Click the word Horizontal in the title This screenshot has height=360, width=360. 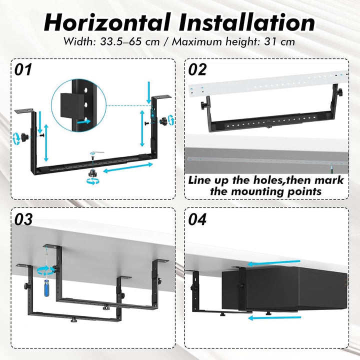[x=107, y=22]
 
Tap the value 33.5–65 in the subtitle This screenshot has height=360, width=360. [x=129, y=42]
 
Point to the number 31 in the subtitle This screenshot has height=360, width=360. [x=270, y=42]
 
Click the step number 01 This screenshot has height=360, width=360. [x=23, y=69]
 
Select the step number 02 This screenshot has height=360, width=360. [x=197, y=69]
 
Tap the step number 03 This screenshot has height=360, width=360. [x=23, y=219]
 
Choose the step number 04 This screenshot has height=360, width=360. [x=197, y=219]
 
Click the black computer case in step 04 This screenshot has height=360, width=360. [x=284, y=288]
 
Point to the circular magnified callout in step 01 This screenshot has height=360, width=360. [x=79, y=105]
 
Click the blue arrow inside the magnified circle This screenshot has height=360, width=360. [x=84, y=121]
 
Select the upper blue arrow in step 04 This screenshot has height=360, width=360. [x=274, y=263]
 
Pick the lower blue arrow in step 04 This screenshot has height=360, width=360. [x=274, y=318]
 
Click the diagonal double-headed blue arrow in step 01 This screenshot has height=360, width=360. [x=128, y=167]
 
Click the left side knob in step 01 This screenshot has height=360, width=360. [x=24, y=137]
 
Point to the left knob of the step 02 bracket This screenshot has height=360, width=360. [x=205, y=105]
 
